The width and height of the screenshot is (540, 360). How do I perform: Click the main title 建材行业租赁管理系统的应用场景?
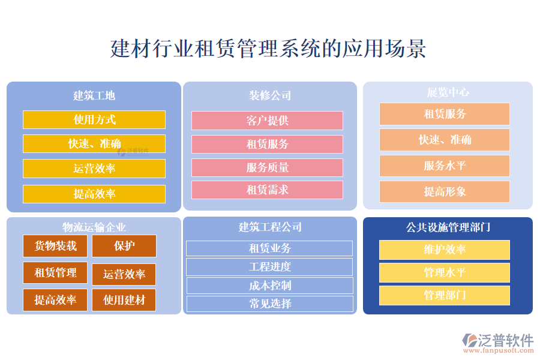(x=268, y=49)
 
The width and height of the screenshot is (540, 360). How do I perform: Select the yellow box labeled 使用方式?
(x=94, y=119)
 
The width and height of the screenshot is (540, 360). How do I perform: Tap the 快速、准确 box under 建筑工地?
(x=94, y=143)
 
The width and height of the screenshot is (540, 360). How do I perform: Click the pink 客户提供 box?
(x=267, y=121)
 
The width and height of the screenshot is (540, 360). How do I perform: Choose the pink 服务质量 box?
(x=267, y=167)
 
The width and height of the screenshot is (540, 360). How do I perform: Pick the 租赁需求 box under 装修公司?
(x=267, y=190)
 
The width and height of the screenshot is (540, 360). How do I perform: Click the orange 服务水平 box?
(x=445, y=166)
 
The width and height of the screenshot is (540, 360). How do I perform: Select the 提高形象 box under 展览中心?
(x=445, y=191)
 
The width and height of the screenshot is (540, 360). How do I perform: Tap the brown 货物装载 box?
(x=55, y=246)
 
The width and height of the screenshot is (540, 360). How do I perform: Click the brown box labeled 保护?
(x=124, y=246)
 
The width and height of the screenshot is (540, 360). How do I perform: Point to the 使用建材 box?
(x=124, y=300)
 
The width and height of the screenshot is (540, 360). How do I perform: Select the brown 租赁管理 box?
(x=55, y=272)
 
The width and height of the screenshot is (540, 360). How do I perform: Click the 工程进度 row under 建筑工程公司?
(x=269, y=266)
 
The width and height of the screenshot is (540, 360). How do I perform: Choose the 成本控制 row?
(x=270, y=286)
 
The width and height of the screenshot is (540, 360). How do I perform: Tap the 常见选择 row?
(x=270, y=304)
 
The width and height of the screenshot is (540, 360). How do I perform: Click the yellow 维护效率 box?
(x=445, y=250)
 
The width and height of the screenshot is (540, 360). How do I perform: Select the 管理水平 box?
(x=445, y=273)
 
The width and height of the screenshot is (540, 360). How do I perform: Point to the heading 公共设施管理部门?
(x=448, y=227)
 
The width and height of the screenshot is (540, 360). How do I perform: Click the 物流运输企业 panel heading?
(x=94, y=227)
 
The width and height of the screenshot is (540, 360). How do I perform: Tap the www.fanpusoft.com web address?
(x=499, y=350)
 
